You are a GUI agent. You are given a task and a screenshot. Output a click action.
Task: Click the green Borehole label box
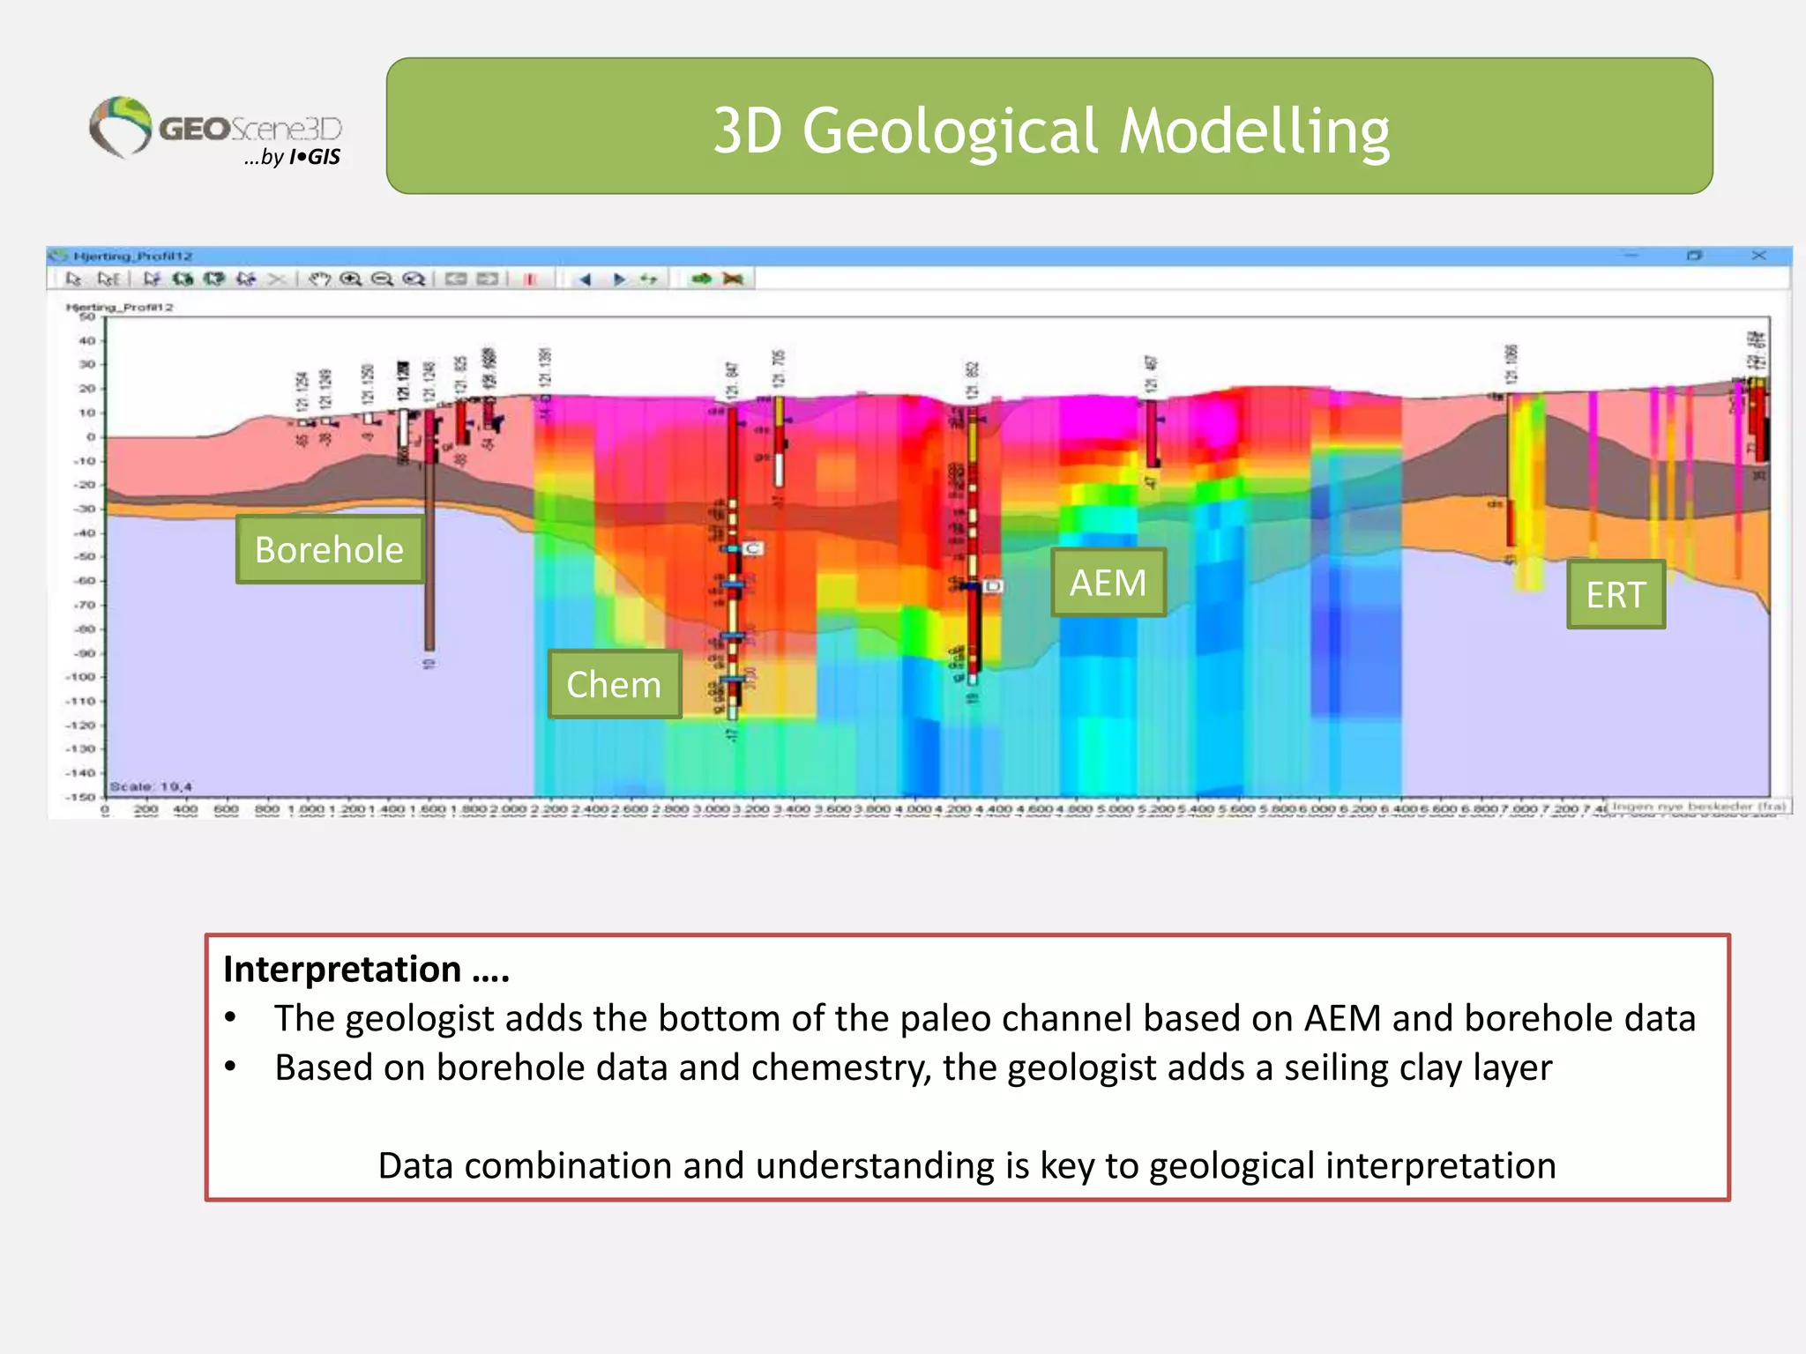point(329,550)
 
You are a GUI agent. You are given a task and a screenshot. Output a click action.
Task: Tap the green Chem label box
point(614,685)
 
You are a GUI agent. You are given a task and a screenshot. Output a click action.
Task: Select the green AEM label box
point(1108,583)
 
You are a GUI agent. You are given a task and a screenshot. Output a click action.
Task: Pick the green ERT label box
point(1616,595)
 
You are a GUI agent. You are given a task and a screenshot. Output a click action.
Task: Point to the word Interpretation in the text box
point(342,969)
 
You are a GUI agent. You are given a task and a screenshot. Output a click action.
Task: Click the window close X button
point(1758,256)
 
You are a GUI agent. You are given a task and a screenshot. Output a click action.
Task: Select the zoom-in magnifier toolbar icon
point(351,279)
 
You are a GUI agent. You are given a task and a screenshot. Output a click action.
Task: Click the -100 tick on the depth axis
point(81,677)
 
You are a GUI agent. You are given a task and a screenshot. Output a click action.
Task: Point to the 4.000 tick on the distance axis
point(913,808)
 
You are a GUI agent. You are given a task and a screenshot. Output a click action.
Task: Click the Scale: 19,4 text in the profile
point(151,786)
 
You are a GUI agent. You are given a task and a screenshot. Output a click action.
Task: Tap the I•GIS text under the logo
point(315,157)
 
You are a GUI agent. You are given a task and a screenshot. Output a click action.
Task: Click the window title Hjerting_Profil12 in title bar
point(132,257)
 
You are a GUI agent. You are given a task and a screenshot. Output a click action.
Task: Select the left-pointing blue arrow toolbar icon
point(584,279)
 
